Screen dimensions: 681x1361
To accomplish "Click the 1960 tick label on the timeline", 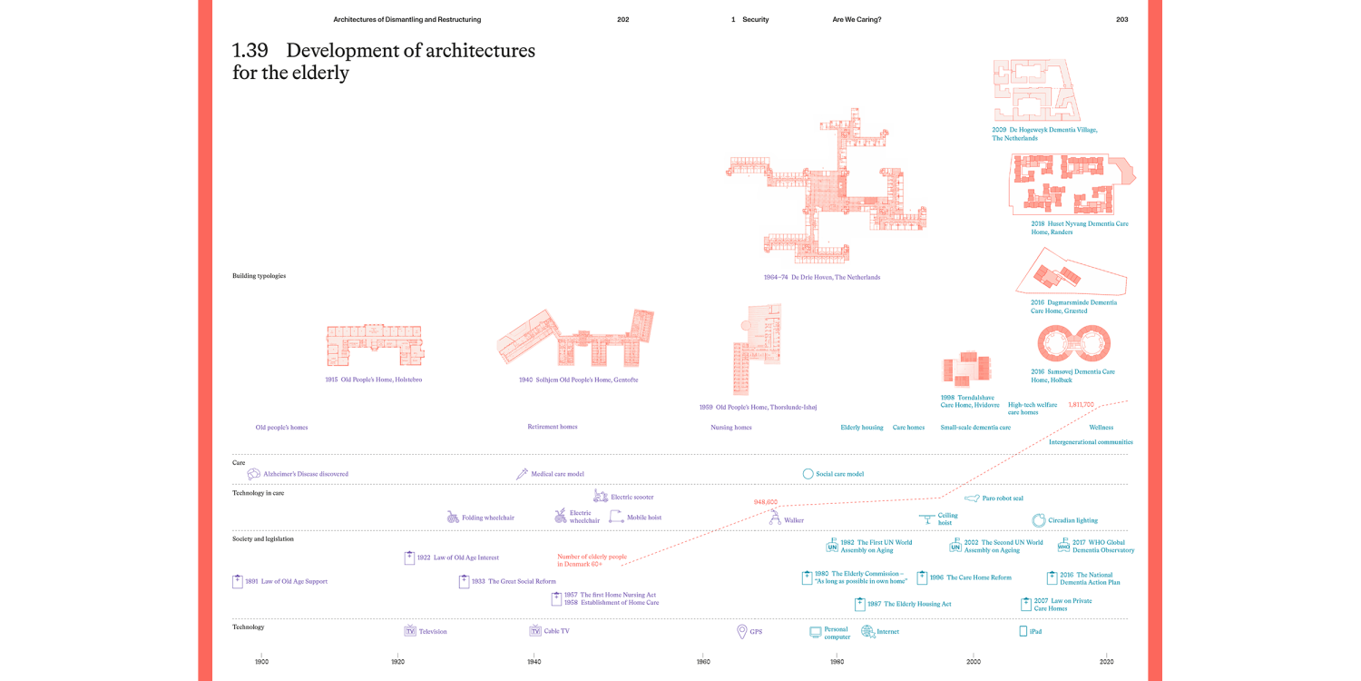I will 703,662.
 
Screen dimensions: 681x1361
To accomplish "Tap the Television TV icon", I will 410,631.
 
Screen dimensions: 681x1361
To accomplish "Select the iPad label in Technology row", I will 1035,631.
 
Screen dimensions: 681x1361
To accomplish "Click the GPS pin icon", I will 742,631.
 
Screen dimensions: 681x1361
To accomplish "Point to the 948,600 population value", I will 766,501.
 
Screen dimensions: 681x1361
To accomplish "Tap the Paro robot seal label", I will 1003,498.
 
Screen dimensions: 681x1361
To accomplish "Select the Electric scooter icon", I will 601,496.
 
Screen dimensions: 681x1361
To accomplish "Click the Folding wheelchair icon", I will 453,517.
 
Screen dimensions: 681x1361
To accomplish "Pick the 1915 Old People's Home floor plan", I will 375,346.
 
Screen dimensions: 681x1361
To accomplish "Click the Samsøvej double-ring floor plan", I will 1075,345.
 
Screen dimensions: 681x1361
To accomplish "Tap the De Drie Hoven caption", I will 822,277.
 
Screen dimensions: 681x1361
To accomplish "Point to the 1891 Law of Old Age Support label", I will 286,581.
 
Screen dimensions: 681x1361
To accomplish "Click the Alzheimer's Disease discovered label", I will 305,474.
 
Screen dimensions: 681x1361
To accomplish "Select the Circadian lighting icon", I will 1039,520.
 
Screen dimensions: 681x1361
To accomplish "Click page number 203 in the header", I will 1121,19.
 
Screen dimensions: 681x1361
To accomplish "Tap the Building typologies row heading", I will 259,276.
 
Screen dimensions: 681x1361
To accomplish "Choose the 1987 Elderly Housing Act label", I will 909,604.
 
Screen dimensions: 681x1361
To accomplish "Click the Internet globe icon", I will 867,631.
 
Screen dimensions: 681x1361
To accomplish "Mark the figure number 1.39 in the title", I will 250,51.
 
